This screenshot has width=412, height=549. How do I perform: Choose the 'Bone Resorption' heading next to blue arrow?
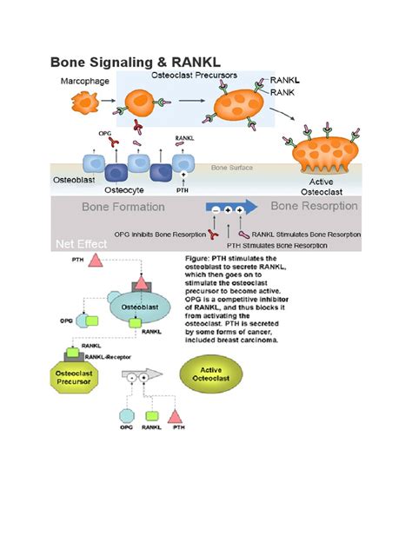315,207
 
